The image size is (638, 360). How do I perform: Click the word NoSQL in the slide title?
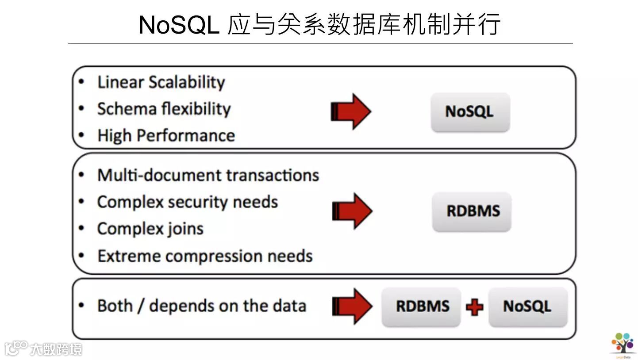point(178,25)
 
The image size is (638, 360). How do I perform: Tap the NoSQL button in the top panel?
point(470,112)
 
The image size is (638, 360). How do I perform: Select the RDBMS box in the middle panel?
point(472,211)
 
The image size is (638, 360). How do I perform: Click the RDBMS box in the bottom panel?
point(422,306)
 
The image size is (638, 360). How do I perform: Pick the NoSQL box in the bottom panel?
point(527,306)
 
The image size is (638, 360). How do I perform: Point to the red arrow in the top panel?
point(351,111)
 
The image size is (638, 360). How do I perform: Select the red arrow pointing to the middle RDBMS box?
point(352,211)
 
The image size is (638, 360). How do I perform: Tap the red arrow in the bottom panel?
point(352,306)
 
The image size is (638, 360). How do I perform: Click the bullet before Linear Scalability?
point(81,82)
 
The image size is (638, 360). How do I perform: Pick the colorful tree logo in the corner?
point(623,343)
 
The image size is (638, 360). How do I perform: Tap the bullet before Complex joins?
point(81,229)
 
